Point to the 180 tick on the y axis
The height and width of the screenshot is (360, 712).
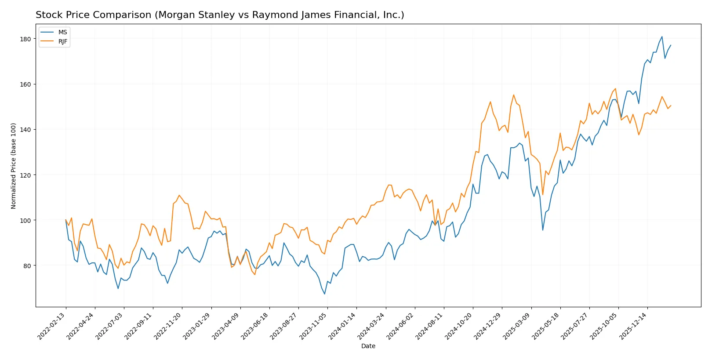pyautogui.click(x=25, y=39)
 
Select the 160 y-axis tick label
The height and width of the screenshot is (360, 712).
pyautogui.click(x=25, y=84)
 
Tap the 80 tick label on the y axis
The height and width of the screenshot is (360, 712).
pyautogui.click(x=27, y=266)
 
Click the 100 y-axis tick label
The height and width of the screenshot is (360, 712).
pyautogui.click(x=25, y=220)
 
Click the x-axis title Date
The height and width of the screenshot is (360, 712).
pyautogui.click(x=368, y=346)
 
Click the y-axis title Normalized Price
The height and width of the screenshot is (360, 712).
pyautogui.click(x=14, y=166)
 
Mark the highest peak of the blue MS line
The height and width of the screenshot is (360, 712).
pyautogui.click(x=662, y=37)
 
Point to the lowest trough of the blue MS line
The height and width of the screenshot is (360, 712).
pyautogui.click(x=325, y=294)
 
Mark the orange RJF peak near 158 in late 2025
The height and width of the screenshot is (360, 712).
pyautogui.click(x=615, y=89)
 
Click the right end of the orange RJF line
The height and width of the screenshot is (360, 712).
pyautogui.click(x=671, y=105)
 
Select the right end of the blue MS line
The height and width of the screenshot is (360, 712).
pyautogui.click(x=671, y=45)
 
